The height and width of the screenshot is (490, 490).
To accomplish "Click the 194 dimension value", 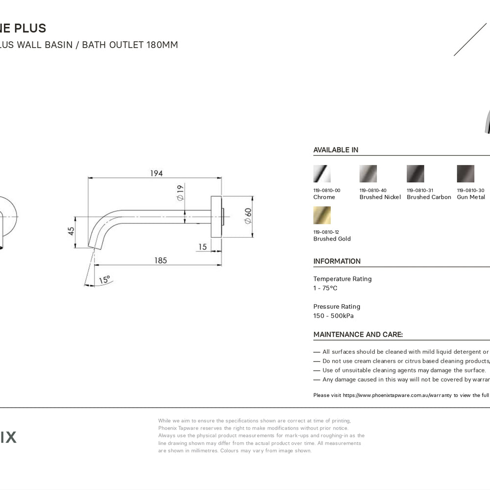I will tap(156, 173).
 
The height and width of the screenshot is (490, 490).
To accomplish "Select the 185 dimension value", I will tap(160, 260).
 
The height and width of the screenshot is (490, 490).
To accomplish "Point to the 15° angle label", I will tap(104, 280).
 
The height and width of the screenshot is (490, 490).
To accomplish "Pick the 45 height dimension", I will tap(72, 230).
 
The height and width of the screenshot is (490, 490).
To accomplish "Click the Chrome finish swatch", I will tap(322, 173).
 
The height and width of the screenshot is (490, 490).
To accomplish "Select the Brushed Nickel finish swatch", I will tap(368, 173).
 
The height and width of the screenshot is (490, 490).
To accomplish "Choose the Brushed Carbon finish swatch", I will tap(415, 173).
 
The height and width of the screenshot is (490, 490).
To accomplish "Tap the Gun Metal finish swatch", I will tap(465, 173).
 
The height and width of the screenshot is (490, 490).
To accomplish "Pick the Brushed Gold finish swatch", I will tap(322, 215).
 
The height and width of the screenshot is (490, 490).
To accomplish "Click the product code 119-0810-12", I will tap(327, 232).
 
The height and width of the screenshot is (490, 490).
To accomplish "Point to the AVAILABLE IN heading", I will tap(336, 150).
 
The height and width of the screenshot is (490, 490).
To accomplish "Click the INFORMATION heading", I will tap(337, 261).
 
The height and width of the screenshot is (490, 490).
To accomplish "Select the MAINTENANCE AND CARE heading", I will tap(358, 335).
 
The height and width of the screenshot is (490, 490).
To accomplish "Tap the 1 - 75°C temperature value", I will tap(325, 288).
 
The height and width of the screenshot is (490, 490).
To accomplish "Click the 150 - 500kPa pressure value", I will tap(333, 316).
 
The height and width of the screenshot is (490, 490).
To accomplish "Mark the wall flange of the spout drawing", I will tap(216, 217).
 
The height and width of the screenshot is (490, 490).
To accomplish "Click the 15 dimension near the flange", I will tap(203, 247).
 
